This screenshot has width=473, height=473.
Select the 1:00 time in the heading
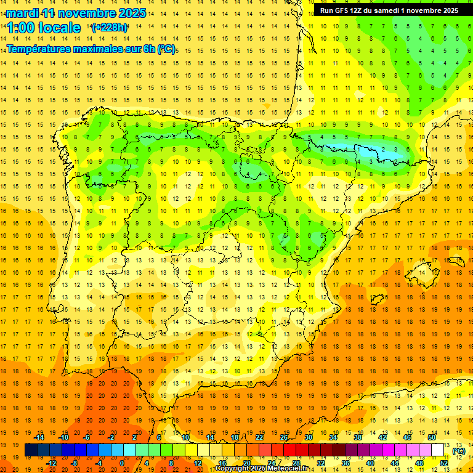tap(22, 28)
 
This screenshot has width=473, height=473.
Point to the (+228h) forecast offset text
tap(110, 27)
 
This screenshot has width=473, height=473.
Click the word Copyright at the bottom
tap(232, 469)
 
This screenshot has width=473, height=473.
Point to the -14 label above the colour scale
tap(40, 437)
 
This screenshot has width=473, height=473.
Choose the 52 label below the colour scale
tap(443, 463)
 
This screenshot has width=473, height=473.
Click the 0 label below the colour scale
tap(121, 463)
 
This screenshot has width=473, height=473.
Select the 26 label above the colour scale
tap(284, 437)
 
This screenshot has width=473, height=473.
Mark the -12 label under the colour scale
tap(52, 463)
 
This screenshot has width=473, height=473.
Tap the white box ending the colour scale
tap(438, 450)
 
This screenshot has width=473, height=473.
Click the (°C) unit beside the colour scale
tap(459, 450)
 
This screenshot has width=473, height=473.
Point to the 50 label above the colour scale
tap(432, 437)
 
